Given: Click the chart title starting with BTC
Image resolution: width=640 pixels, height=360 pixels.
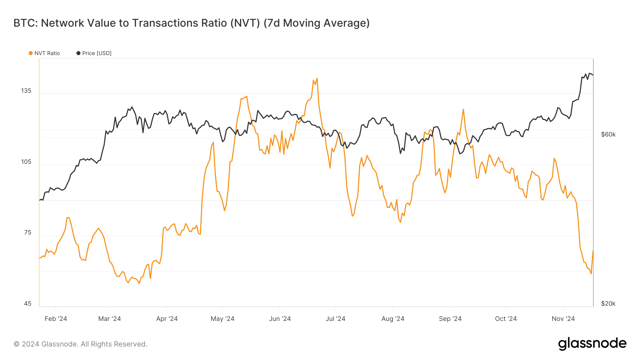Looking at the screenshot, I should click(x=191, y=23).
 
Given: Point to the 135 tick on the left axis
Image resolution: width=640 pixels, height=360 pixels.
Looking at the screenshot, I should click(x=26, y=91).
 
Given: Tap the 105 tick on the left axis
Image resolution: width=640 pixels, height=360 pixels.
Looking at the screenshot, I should click(x=26, y=162).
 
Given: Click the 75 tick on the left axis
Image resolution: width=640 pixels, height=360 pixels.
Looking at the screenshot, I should click(x=28, y=232).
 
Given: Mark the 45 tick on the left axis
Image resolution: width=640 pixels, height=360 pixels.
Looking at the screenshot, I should click(x=28, y=303).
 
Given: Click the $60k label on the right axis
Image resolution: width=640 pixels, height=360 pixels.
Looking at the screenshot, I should click(x=608, y=134).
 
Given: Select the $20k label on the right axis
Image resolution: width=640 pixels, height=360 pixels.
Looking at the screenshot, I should click(x=608, y=303).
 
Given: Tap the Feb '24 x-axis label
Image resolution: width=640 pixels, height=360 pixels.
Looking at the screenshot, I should click(x=56, y=319).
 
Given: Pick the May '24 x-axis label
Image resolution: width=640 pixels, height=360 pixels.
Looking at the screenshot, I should click(x=222, y=319).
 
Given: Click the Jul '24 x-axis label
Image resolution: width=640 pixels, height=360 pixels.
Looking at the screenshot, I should click(x=335, y=319).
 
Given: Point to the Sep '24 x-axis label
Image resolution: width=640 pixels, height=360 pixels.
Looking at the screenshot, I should click(x=450, y=319).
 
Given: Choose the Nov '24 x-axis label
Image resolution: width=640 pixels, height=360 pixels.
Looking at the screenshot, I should click(x=563, y=319).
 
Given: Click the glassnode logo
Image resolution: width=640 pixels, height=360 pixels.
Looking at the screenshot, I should click(x=592, y=344).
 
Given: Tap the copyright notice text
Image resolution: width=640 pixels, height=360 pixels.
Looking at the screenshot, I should click(x=80, y=344).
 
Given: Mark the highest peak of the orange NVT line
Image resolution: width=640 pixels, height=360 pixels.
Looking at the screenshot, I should click(x=317, y=79).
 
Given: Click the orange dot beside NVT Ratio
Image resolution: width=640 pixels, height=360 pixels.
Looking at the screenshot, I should click(x=31, y=53).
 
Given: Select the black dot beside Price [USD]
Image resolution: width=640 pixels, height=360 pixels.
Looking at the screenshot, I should click(x=78, y=53).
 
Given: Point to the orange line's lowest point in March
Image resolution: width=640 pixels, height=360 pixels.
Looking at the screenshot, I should click(x=139, y=283).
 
